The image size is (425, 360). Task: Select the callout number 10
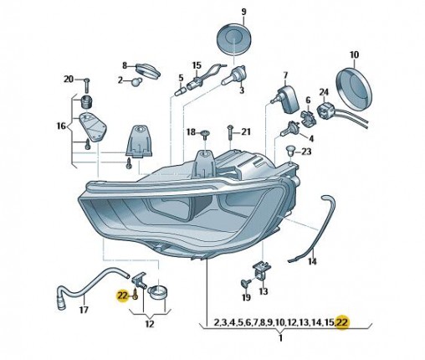coord(354,55)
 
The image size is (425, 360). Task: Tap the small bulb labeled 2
coord(136,82)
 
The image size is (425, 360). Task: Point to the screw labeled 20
coord(86,85)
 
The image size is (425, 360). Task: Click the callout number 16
coord(62,126)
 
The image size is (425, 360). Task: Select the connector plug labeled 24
coord(325,109)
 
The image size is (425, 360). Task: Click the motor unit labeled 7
coord(287,99)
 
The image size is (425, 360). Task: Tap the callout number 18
coord(191,131)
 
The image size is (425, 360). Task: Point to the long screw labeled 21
coord(230,134)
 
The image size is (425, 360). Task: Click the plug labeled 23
coord(290,152)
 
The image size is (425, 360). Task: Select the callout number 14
coord(312,261)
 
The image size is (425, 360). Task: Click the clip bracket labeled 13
coord(262,270)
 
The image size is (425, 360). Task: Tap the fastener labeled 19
coord(245,284)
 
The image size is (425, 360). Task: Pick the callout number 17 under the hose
coord(84,310)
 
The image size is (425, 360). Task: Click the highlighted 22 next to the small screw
coord(122,296)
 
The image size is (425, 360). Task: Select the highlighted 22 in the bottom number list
coord(342,322)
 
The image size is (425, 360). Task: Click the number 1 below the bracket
coord(281,338)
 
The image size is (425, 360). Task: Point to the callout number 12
coord(150,324)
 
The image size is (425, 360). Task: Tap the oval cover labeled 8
coord(148,70)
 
